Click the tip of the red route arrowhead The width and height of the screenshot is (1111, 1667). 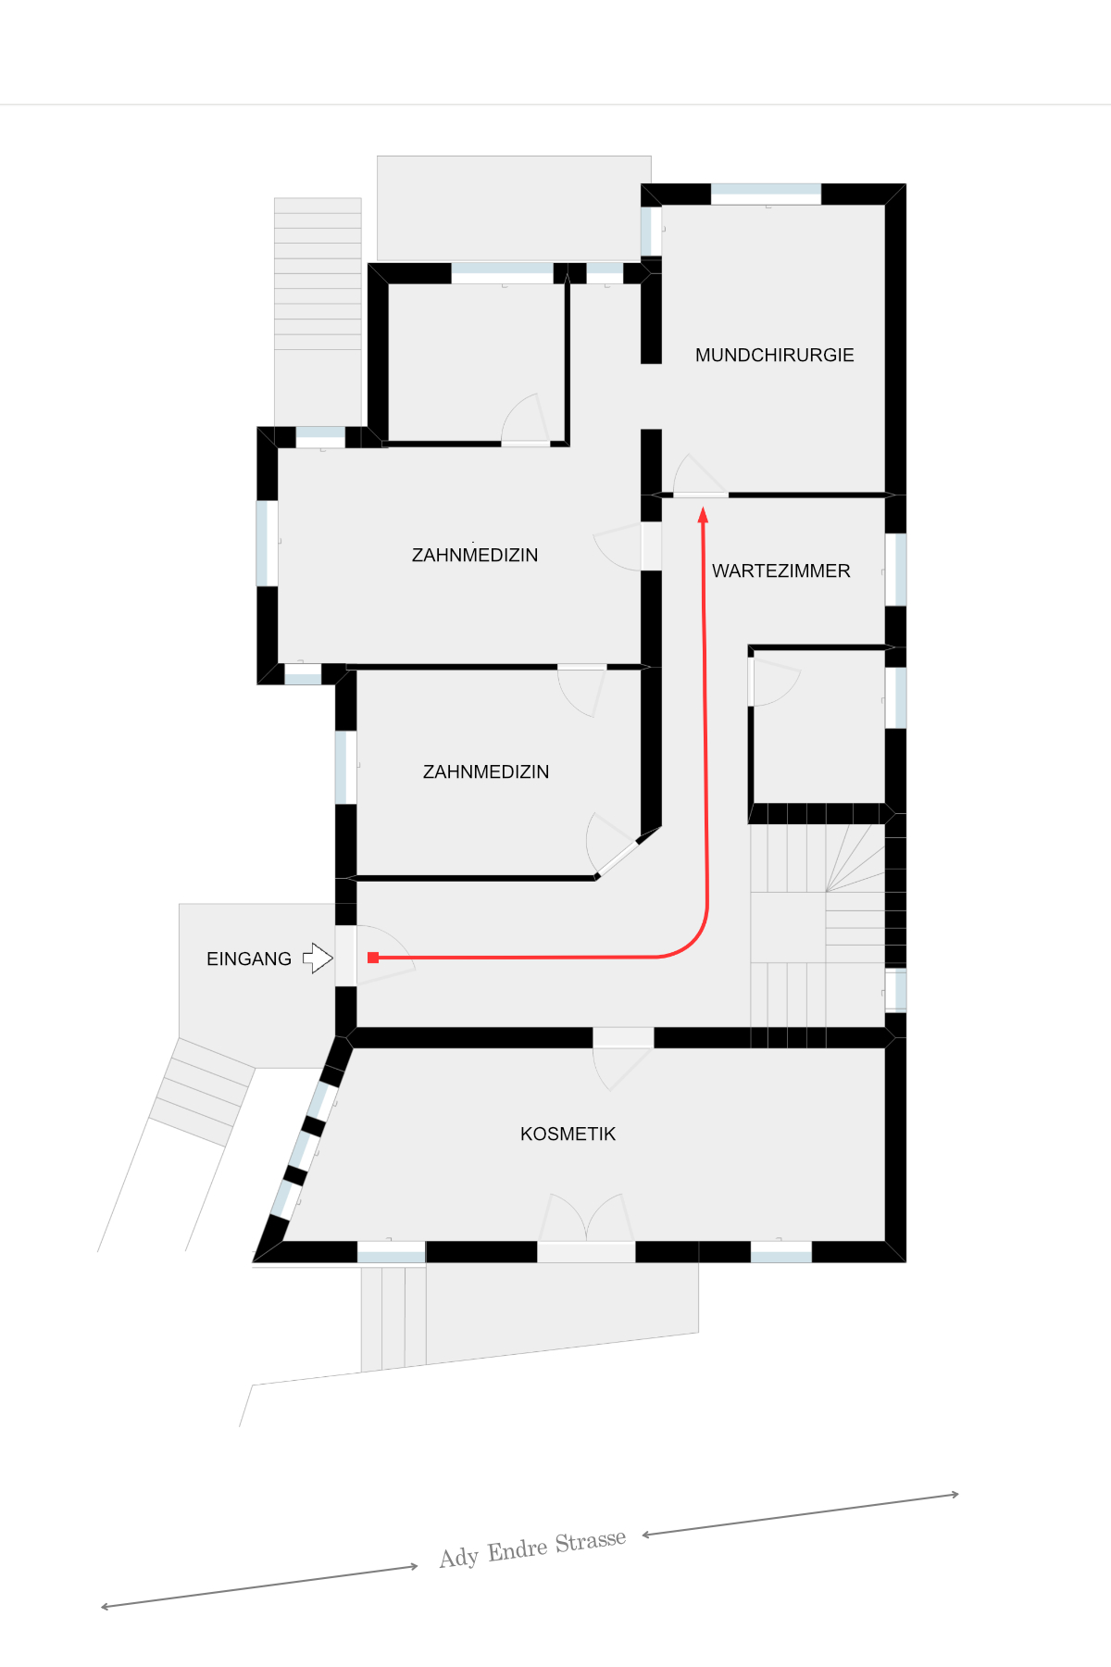703,508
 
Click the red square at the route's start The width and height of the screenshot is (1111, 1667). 373,958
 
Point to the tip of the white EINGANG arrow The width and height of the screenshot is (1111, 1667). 332,958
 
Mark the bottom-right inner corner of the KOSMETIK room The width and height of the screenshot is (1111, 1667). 884,1240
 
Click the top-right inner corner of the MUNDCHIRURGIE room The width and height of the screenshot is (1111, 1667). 884,206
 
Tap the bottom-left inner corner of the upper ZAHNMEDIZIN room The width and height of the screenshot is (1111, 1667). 279,663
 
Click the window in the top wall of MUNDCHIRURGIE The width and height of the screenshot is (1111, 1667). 766,194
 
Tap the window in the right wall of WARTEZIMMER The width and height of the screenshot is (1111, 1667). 895,570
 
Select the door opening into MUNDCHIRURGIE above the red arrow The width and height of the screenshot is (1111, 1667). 700,476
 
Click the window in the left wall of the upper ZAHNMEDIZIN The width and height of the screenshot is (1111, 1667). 267,543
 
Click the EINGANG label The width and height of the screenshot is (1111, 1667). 249,959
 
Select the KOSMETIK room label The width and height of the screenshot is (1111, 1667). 568,1134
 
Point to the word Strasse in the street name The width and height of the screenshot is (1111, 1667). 591,1542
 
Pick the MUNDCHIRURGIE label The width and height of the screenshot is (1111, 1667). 775,355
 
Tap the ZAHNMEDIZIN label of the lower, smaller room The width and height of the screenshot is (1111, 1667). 486,771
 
